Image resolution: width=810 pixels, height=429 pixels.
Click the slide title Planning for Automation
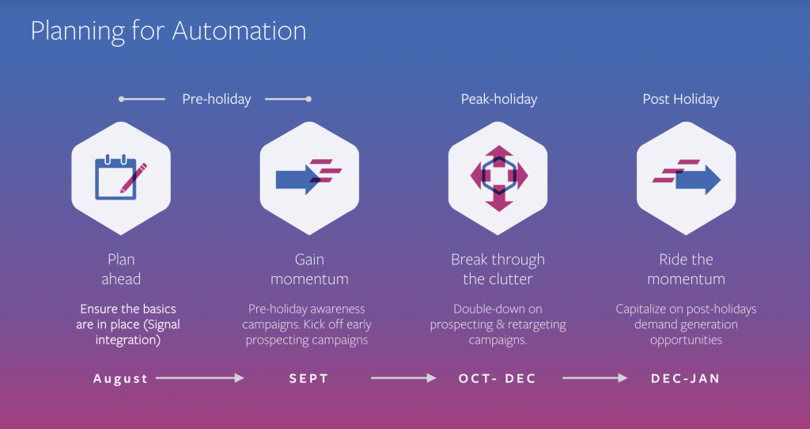pos(168,32)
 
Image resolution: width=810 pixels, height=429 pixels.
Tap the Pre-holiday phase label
pos(217,99)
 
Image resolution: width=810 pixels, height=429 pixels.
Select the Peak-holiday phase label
pos(499,99)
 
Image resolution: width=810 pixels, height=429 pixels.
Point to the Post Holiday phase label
pos(681,99)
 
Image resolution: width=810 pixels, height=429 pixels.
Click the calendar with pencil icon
pos(121,178)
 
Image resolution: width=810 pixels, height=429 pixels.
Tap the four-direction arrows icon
pos(499,178)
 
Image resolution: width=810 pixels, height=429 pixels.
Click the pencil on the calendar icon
pos(134,178)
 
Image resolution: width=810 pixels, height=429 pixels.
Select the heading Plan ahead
pos(121,269)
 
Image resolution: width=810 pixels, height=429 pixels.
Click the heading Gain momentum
pos(309,269)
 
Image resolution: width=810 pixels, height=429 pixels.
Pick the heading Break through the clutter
pos(498,269)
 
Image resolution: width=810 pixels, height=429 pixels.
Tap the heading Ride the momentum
pos(686,269)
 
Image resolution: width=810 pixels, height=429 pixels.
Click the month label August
pos(120,379)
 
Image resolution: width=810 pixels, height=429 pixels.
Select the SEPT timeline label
pos(309,378)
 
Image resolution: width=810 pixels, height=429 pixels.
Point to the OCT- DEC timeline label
pos(498,378)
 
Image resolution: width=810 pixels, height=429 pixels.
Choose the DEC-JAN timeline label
pos(686,378)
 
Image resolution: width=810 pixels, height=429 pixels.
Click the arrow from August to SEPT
pos(200,378)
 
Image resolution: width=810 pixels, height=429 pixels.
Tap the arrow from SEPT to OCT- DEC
pos(403,378)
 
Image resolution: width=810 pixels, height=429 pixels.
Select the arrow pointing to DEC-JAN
pos(595,378)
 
